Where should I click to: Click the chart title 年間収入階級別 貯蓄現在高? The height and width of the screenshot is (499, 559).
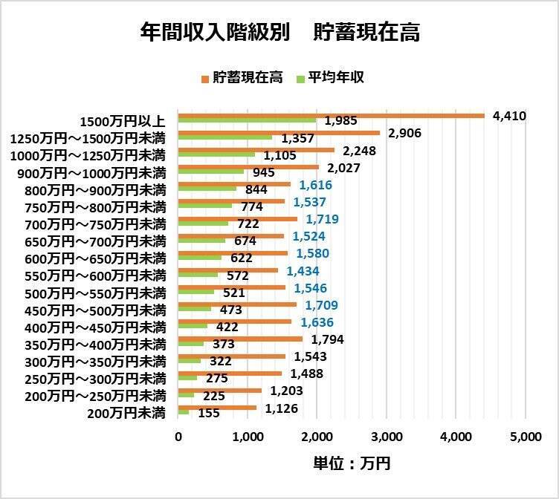tap(279, 33)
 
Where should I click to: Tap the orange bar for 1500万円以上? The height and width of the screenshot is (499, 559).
tap(331, 116)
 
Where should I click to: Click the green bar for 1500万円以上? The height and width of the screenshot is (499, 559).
tap(247, 121)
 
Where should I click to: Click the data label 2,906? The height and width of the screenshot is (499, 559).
tap(406, 133)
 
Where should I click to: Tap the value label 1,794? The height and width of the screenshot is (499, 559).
tap(328, 339)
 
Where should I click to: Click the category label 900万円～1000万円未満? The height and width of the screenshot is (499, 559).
tap(91, 173)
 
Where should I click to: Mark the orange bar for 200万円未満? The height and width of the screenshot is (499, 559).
tap(217, 408)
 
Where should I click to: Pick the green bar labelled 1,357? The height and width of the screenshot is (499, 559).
tap(225, 138)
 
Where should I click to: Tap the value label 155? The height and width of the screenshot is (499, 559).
tap(209, 413)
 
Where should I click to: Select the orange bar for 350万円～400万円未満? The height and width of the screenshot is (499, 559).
tap(240, 339)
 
